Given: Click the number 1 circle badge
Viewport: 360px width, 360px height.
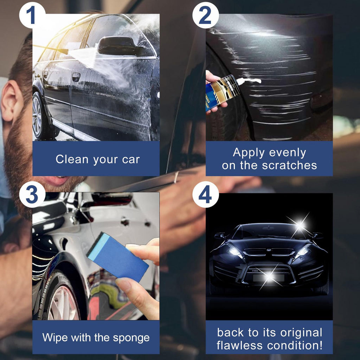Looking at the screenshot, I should click(x=32, y=15).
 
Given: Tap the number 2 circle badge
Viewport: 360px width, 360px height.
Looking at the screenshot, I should click(x=205, y=15).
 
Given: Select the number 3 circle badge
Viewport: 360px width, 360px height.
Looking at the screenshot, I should click(x=32, y=194).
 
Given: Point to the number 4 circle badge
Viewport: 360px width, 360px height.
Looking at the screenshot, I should click(x=205, y=194).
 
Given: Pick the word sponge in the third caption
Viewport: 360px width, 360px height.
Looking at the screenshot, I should click(x=131, y=338).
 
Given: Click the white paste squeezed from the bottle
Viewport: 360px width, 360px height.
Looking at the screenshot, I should click(x=249, y=81).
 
